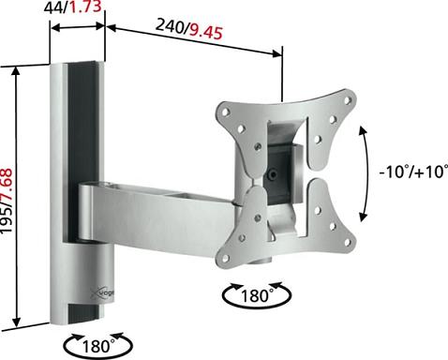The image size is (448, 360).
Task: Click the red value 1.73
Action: point(85,7)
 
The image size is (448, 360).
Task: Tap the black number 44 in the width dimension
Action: point(53,7)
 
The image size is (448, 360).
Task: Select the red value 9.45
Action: point(206,32)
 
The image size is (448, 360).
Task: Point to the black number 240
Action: point(170,25)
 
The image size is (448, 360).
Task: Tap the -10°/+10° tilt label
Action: point(413,172)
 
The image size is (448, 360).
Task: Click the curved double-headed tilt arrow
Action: point(368,173)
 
